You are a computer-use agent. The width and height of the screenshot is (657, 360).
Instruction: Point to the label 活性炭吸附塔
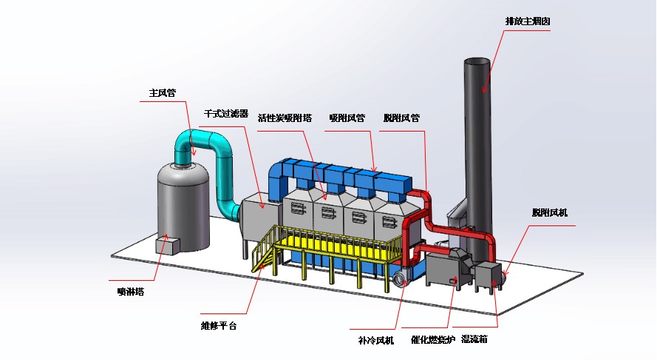pos(285,118)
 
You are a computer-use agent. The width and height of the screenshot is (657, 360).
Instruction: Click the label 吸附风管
pos(347,118)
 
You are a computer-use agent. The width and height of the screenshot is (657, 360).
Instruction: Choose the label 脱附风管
pos(401,118)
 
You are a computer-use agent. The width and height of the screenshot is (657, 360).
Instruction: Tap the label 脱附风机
pos(549,213)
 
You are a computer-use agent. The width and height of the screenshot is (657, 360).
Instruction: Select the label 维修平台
pos(219,325)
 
